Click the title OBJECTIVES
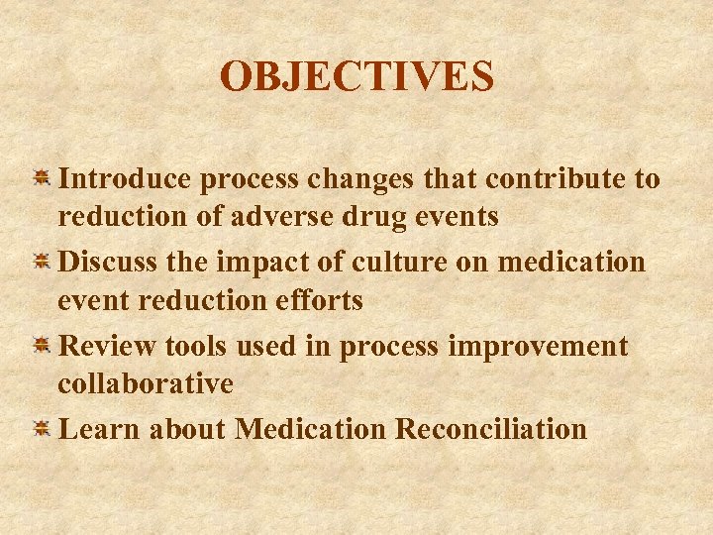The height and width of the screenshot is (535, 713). coord(356,76)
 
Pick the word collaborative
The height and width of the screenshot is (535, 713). coord(145,383)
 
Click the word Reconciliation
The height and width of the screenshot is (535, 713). coord(490,429)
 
